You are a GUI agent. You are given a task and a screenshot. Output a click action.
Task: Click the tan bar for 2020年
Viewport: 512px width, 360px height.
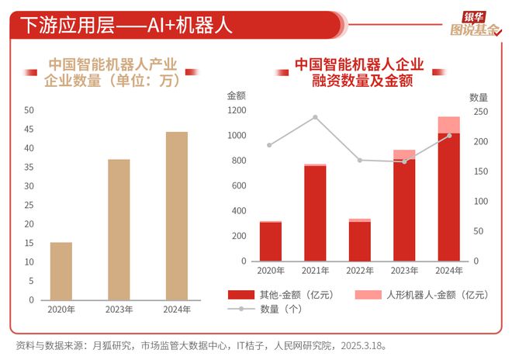click(x=61, y=271)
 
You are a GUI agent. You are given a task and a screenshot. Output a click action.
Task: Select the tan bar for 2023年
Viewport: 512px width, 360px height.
click(x=119, y=230)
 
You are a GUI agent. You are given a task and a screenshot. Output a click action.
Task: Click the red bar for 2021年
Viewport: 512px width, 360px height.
click(x=315, y=213)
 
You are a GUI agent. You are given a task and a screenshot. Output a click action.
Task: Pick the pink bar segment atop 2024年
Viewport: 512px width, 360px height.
click(x=448, y=125)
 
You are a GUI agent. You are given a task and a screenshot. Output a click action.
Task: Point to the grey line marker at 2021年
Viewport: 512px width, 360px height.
click(x=315, y=117)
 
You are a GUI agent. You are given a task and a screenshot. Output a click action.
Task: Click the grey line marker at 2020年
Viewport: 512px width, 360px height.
click(x=270, y=145)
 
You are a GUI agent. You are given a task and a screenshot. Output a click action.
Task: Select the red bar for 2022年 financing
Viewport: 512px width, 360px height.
click(x=359, y=241)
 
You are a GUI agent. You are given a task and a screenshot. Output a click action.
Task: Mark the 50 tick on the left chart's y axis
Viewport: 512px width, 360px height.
click(x=29, y=110)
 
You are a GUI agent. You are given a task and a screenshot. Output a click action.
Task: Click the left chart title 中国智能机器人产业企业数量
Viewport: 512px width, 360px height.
click(x=113, y=72)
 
